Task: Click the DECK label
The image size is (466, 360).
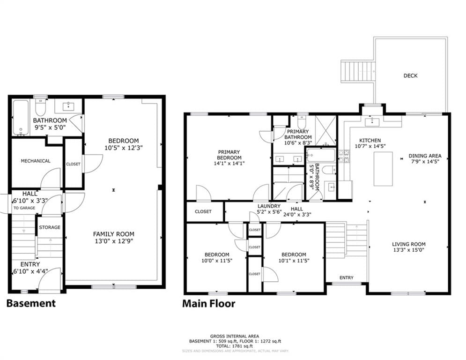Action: (410, 76)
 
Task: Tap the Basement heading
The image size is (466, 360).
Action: (31, 303)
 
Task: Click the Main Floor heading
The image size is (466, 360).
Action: (208, 303)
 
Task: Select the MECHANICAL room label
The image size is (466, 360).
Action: (36, 161)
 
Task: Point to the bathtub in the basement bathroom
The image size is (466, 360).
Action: (21, 118)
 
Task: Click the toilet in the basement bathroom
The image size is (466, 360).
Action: (40, 107)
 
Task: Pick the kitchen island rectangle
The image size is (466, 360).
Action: (383, 169)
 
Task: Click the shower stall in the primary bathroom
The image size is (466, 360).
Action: (325, 130)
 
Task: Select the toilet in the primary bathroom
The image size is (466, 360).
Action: (302, 121)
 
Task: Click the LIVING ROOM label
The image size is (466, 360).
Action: (409, 244)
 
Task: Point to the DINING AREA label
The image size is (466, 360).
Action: (425, 156)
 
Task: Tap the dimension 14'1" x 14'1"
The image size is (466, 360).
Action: (229, 163)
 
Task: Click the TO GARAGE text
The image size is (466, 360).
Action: (24, 208)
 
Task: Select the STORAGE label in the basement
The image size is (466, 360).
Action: (50, 227)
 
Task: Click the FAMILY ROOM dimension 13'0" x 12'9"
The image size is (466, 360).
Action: (114, 241)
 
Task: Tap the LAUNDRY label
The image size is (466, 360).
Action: (269, 206)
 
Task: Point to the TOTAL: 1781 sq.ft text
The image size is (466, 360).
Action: (235, 346)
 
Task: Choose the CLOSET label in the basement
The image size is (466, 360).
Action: (73, 164)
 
